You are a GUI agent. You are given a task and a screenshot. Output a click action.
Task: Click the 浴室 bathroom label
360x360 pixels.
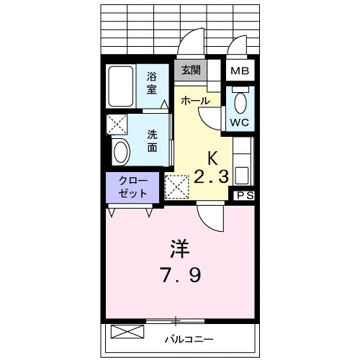tap(153, 83)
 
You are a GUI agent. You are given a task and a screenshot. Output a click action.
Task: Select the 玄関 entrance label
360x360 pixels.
tap(191, 71)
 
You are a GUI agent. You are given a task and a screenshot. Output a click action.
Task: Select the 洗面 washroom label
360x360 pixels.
tap(153, 140)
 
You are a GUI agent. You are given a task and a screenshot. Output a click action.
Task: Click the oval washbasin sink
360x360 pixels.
tap(121, 152)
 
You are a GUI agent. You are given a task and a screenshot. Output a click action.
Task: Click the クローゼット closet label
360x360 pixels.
tap(133, 187)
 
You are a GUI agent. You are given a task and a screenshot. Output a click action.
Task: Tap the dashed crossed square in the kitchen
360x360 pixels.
tap(176, 187)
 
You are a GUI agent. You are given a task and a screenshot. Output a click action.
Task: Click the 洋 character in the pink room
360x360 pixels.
tap(179, 249)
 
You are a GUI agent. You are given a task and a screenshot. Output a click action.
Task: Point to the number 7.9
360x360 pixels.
tap(180, 275)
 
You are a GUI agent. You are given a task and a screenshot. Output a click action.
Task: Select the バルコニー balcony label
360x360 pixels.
tap(189, 336)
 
